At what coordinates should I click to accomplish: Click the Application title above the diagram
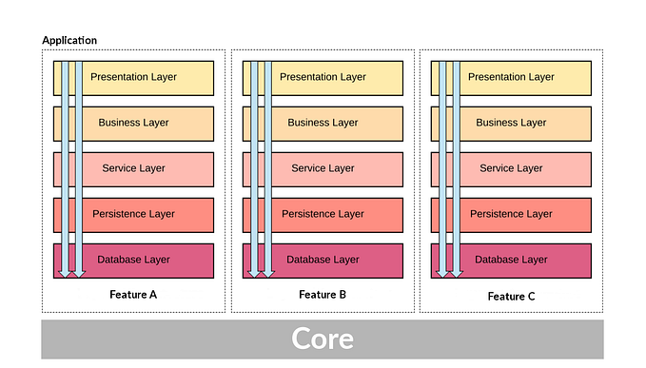click(x=69, y=41)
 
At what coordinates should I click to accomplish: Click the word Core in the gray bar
click(x=322, y=339)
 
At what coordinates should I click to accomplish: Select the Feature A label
click(x=133, y=295)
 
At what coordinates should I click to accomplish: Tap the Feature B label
click(x=323, y=295)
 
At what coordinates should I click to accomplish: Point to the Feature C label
click(x=511, y=296)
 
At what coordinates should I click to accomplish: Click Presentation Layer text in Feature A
click(x=133, y=77)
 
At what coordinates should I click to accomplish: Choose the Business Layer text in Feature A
click(x=133, y=123)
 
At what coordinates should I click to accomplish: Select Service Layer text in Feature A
click(x=133, y=168)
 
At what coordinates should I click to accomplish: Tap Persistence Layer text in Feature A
click(x=133, y=214)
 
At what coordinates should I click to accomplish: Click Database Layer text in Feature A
click(x=133, y=260)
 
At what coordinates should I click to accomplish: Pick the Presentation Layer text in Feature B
click(x=323, y=77)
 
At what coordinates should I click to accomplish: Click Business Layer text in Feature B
click(x=323, y=123)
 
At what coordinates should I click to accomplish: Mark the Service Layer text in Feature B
click(x=323, y=168)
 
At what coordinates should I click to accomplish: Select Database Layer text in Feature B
click(x=323, y=260)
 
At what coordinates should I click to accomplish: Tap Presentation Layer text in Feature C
click(x=511, y=77)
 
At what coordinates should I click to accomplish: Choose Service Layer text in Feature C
click(x=511, y=168)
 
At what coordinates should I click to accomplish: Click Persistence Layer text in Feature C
click(x=511, y=214)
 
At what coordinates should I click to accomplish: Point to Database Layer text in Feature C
click(x=511, y=260)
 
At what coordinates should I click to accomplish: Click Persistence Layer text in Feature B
click(x=323, y=214)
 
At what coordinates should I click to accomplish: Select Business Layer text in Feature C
click(x=511, y=123)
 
